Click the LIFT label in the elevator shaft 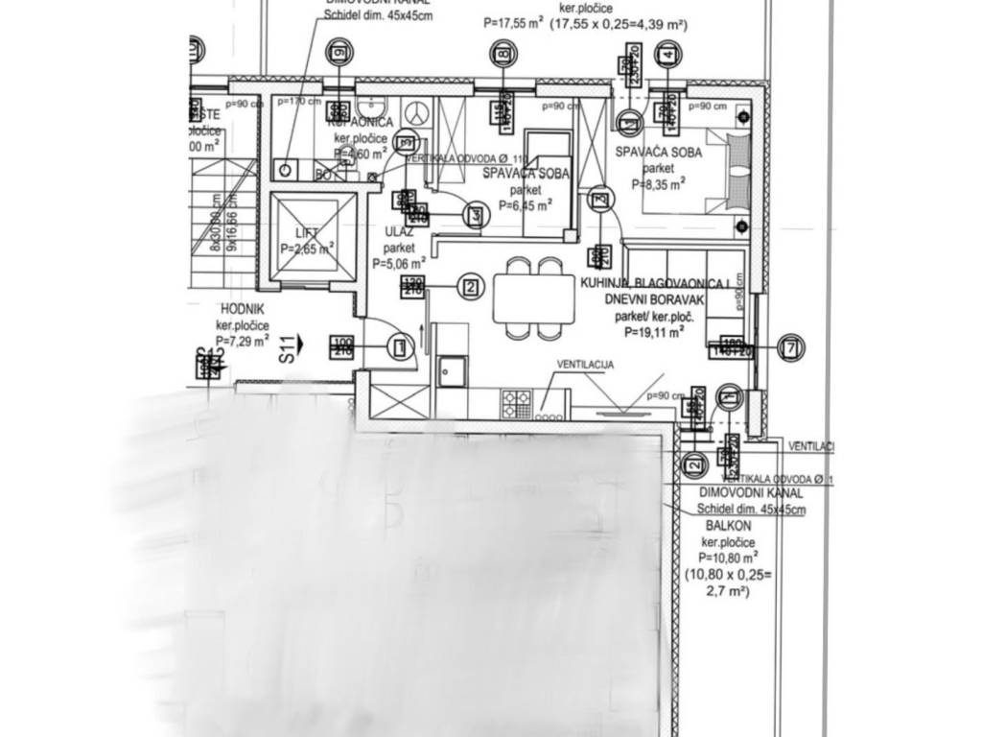pyautogui.click(x=307, y=232)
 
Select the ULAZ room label pyautogui.click(x=398, y=231)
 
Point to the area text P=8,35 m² pyautogui.click(x=658, y=183)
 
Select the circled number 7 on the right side pyautogui.click(x=789, y=346)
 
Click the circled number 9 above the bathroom pyautogui.click(x=337, y=52)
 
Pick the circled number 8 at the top pyautogui.click(x=502, y=54)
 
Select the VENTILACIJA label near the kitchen pyautogui.click(x=585, y=366)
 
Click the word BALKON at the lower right pyautogui.click(x=728, y=527)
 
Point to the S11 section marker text pyautogui.click(x=286, y=347)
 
